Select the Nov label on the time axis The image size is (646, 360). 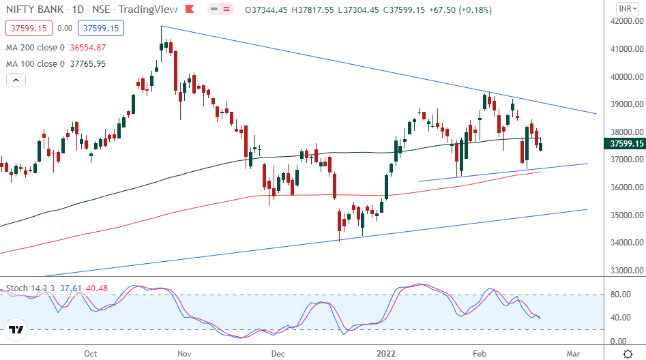(x=183, y=354)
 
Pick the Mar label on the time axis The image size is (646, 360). (x=573, y=354)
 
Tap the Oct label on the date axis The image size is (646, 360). (x=90, y=354)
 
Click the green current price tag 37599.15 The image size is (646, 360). (x=624, y=144)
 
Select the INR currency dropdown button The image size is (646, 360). (x=624, y=9)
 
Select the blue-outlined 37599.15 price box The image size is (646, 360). (x=100, y=29)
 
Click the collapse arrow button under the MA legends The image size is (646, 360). (x=16, y=80)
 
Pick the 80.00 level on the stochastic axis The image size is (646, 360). (x=619, y=295)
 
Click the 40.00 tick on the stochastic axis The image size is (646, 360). (x=619, y=318)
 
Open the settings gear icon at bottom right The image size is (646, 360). (x=627, y=354)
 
